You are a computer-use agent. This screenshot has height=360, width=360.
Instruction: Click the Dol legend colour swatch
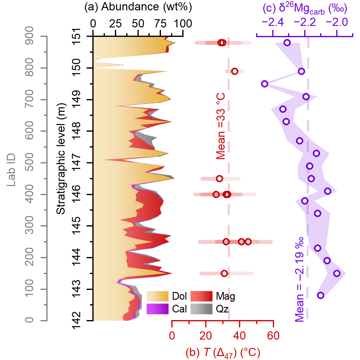tap(157, 296)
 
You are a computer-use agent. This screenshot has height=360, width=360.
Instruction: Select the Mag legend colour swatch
tap(201, 296)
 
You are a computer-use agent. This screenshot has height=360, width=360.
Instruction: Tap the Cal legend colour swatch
tap(157, 309)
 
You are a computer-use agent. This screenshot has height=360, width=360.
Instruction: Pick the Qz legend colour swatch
tap(201, 309)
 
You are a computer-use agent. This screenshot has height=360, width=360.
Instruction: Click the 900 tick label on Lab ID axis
tap(30, 36)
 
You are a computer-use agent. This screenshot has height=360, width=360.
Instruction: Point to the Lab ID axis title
tap(11, 170)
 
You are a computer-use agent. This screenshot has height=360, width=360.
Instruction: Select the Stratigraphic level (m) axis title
tap(61, 159)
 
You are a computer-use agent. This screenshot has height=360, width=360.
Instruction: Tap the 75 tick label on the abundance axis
tap(160, 23)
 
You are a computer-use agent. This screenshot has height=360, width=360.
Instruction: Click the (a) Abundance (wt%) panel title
tap(138, 7)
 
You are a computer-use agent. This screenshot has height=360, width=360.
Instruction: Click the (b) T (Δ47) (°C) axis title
tap(223, 353)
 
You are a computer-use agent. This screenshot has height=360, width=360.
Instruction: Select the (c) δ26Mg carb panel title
tap(305, 9)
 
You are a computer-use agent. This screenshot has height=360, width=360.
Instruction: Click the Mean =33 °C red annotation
tap(221, 126)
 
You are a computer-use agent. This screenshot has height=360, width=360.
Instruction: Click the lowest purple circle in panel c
tap(320, 295)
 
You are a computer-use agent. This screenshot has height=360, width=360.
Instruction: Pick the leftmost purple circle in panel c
tap(265, 84)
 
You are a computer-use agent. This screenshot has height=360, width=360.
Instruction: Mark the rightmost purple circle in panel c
tap(337, 273)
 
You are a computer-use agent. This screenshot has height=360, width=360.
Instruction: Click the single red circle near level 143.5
tap(224, 273)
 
